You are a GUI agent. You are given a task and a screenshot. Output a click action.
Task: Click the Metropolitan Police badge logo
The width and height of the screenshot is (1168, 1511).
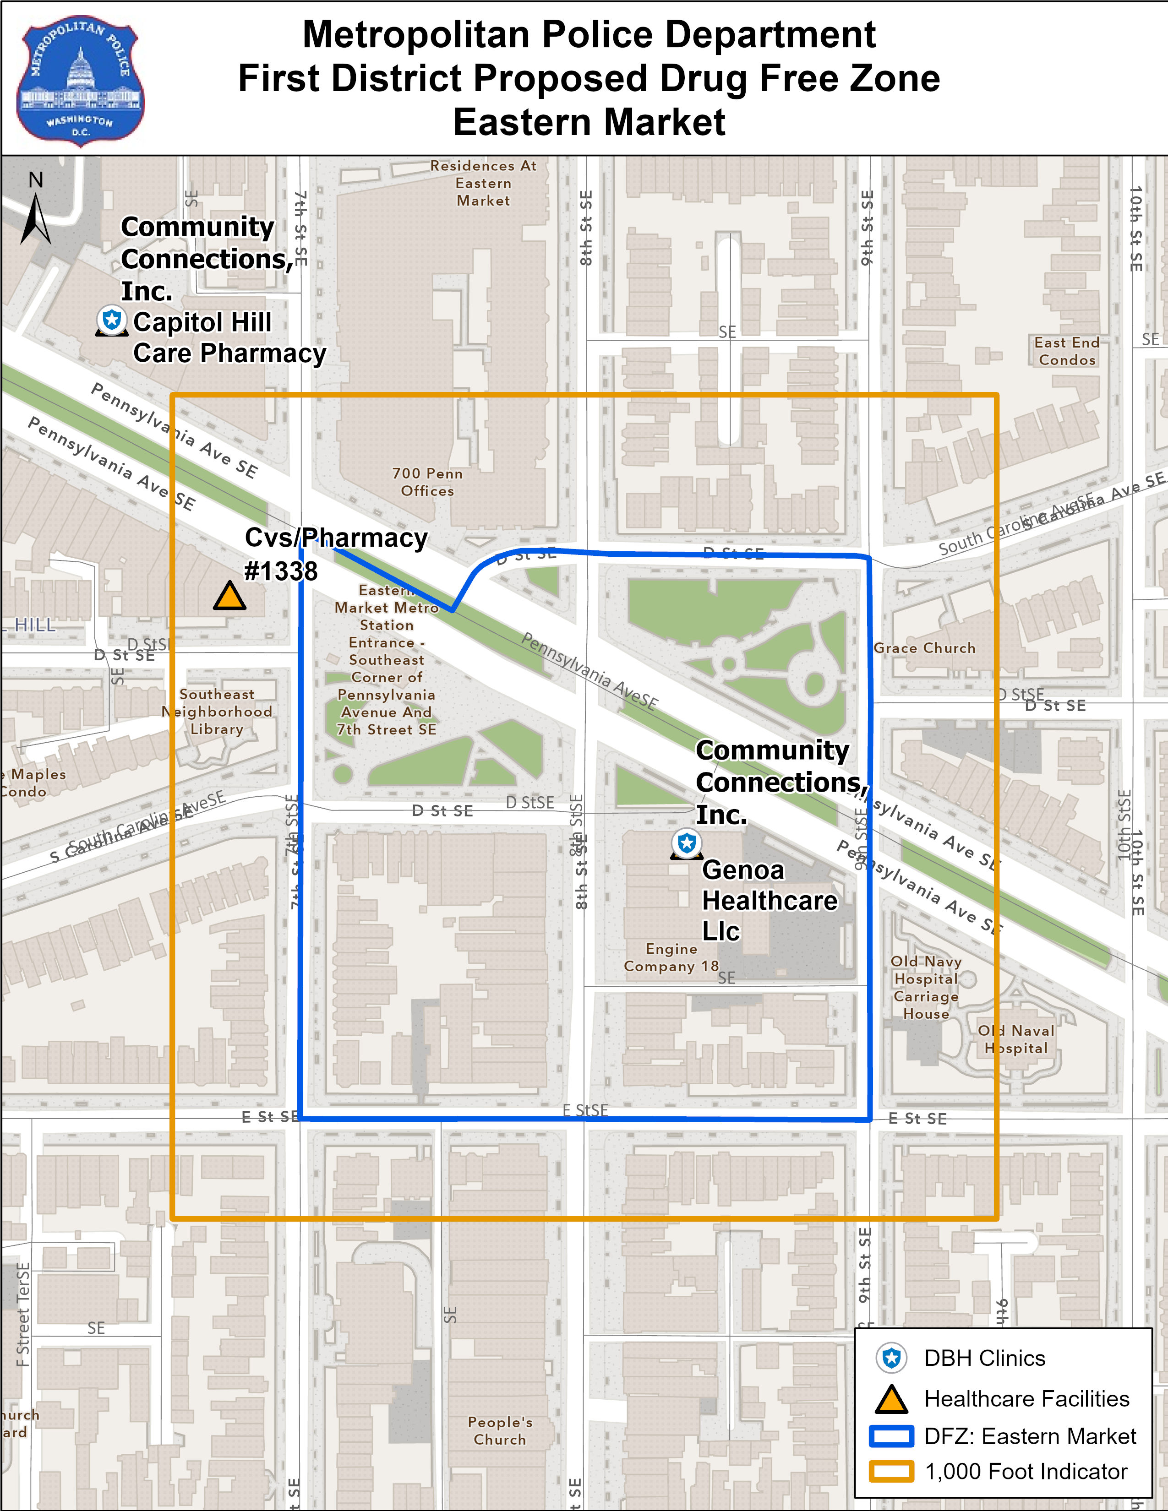click(x=80, y=82)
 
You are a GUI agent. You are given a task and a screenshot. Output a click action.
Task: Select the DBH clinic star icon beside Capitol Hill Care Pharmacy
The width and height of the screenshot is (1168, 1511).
click(x=111, y=321)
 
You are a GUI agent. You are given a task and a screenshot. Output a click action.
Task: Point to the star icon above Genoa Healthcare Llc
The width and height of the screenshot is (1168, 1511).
click(x=687, y=843)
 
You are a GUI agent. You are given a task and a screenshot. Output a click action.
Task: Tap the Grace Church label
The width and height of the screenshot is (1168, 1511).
click(x=924, y=648)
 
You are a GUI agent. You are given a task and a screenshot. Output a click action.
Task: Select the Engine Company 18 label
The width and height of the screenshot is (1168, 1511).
click(x=671, y=957)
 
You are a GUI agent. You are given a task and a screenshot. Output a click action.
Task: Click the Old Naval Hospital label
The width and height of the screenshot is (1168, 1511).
click(x=1016, y=1039)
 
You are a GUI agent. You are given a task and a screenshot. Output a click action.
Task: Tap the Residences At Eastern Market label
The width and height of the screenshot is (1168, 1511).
click(x=483, y=183)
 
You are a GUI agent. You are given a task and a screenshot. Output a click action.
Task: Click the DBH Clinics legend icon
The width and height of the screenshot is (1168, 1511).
click(x=891, y=1358)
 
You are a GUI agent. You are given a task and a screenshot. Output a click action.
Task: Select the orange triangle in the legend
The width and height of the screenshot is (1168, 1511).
click(x=891, y=1399)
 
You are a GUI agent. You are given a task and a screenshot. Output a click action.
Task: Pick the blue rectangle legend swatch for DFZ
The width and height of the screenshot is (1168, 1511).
click(x=891, y=1436)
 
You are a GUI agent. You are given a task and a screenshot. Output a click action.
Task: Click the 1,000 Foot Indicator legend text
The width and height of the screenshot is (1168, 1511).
click(x=1026, y=1472)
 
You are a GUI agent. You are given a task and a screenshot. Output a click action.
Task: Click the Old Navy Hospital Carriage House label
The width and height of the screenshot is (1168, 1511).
click(x=926, y=987)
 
